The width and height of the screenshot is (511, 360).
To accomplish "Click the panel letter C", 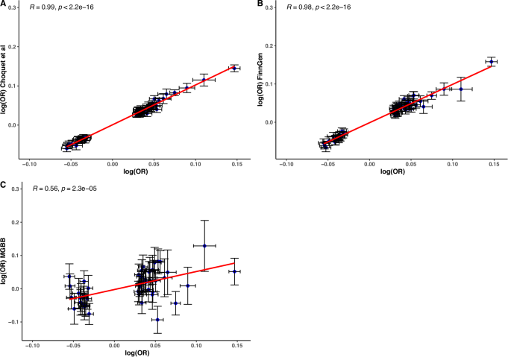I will click(4, 183).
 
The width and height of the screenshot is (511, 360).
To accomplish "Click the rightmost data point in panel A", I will click(233, 68).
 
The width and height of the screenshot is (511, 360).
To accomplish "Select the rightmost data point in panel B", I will click(491, 62).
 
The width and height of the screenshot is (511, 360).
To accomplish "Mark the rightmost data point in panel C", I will click(234, 271).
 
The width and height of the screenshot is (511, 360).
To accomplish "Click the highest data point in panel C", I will click(204, 245).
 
